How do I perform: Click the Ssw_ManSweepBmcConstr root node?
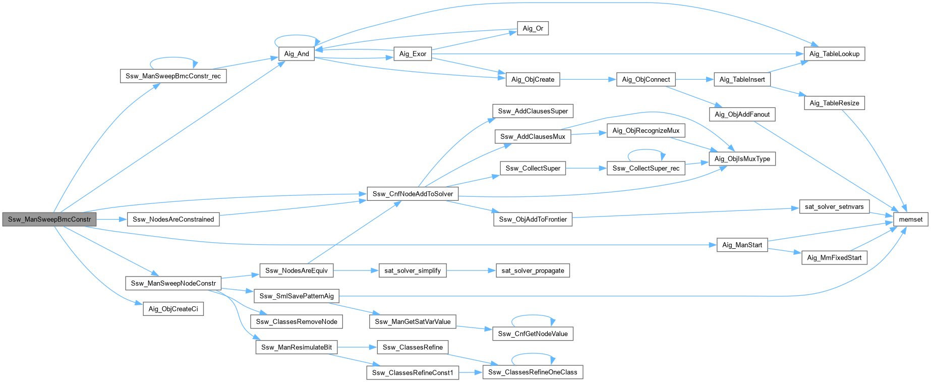49,220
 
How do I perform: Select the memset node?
910,220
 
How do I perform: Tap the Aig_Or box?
533,28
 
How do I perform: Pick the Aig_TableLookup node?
834,54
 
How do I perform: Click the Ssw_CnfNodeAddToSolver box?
413,194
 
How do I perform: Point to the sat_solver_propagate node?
533,270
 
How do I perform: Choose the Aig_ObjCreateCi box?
173,309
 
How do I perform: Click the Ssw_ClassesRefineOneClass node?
533,372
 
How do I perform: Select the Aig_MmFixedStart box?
834,258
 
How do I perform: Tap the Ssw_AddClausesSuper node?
533,111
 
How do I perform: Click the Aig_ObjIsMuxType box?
742,159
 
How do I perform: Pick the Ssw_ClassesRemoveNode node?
297,321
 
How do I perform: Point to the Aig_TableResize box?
834,103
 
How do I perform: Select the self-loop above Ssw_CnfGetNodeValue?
533,316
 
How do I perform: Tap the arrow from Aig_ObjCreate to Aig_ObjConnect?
588,79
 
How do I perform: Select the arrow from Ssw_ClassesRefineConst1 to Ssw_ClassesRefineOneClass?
471,372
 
